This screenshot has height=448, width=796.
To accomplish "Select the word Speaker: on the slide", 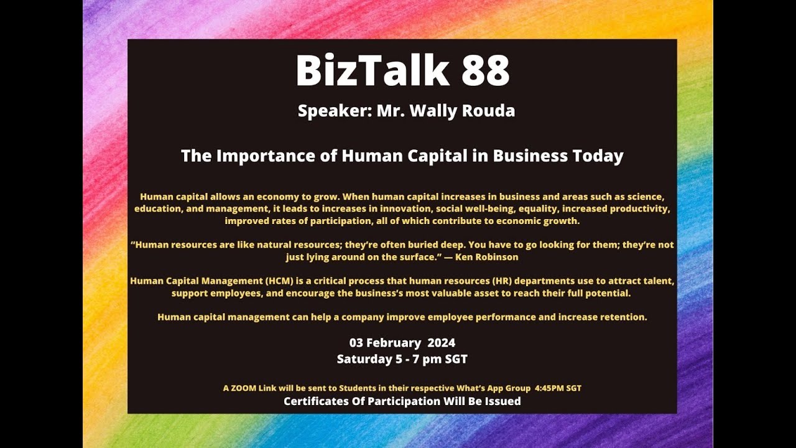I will (334, 111).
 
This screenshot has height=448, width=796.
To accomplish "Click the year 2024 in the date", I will (442, 343).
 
